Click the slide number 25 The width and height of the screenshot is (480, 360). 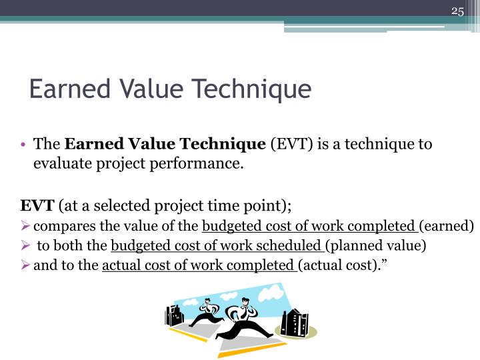click(x=457, y=11)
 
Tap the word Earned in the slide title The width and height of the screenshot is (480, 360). click(x=61, y=89)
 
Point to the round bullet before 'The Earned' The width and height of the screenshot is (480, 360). click(x=23, y=145)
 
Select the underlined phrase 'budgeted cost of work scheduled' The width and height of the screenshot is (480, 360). click(x=217, y=246)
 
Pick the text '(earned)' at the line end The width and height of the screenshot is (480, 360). click(x=447, y=225)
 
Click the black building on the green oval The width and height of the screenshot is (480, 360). click(x=294, y=323)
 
